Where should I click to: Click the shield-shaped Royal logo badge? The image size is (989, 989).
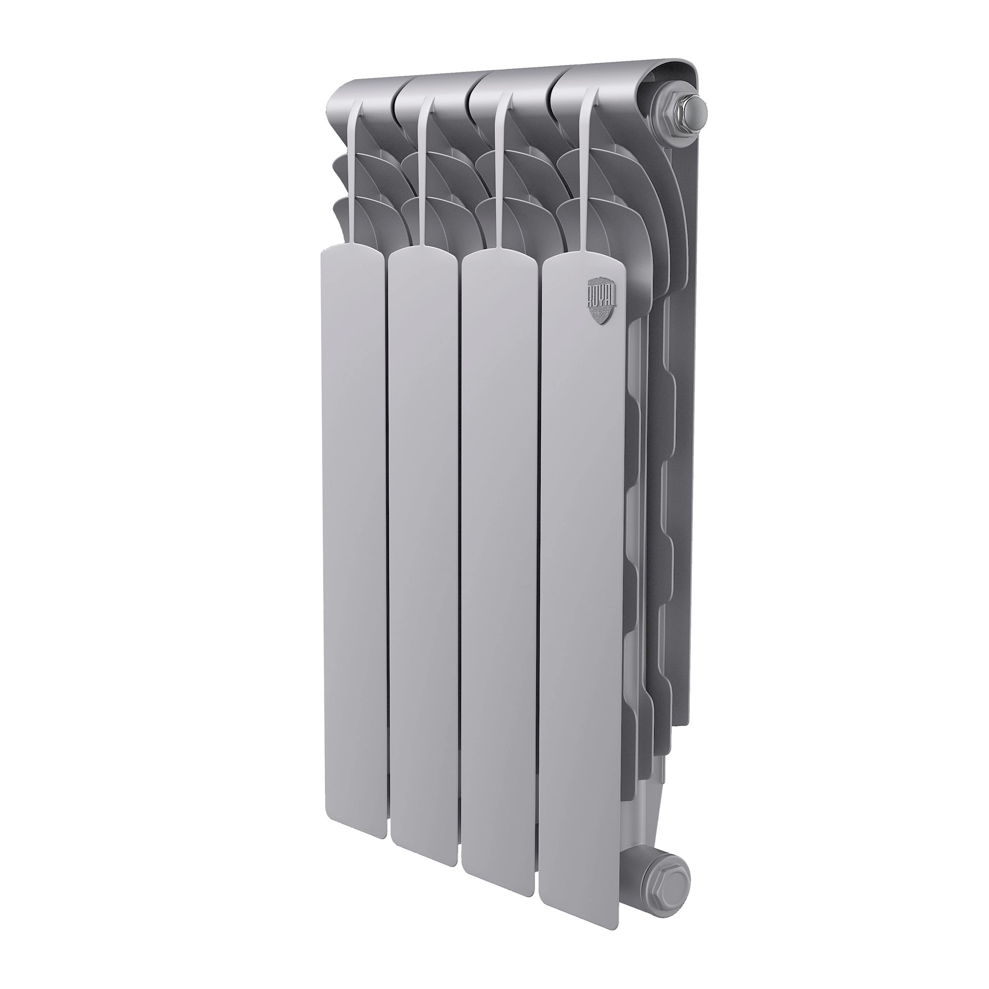[x=598, y=303]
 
